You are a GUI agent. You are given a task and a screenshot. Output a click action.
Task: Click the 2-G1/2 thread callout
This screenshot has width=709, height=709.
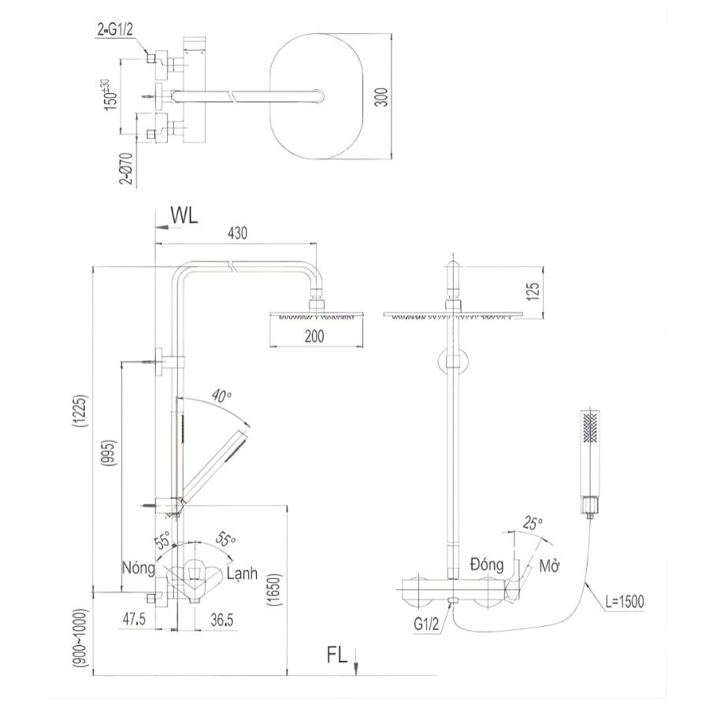tap(115, 30)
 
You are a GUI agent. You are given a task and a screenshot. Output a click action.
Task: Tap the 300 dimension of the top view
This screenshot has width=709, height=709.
tap(382, 97)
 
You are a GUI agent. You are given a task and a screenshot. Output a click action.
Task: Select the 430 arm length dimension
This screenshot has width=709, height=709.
tap(237, 233)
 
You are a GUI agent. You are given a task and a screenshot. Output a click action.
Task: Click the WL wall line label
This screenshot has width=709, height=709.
tap(184, 216)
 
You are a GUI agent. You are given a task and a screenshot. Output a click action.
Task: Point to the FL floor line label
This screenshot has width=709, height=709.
tap(337, 655)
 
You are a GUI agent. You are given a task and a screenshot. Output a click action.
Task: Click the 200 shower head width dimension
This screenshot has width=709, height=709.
tap(314, 336)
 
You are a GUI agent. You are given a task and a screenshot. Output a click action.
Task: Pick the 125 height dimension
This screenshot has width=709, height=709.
tap(533, 291)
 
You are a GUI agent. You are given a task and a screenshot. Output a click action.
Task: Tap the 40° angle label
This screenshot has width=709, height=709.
tap(221, 396)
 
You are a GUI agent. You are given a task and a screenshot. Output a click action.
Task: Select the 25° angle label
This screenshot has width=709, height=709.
tap(532, 524)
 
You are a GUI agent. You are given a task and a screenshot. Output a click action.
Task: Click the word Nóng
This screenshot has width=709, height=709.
tap(139, 567)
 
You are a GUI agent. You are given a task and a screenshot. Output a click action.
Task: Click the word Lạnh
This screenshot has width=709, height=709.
tap(242, 573)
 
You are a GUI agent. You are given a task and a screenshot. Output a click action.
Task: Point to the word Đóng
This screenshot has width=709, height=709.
tap(487, 564)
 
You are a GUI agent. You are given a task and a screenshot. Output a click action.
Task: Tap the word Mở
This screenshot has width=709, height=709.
tap(549, 566)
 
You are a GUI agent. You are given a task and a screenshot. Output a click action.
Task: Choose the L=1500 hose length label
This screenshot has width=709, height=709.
tap(625, 601)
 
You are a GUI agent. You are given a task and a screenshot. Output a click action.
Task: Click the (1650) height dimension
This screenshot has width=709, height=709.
tap(274, 588)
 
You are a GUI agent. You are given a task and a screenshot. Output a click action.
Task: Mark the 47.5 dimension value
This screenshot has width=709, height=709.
tap(134, 619)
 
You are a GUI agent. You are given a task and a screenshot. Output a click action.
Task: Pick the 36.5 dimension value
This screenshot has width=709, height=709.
tap(222, 620)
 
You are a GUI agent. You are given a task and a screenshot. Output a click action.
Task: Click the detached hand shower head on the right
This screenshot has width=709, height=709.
tap(589, 462)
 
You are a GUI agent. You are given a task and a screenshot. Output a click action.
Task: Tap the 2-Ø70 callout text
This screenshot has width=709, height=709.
tap(127, 169)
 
